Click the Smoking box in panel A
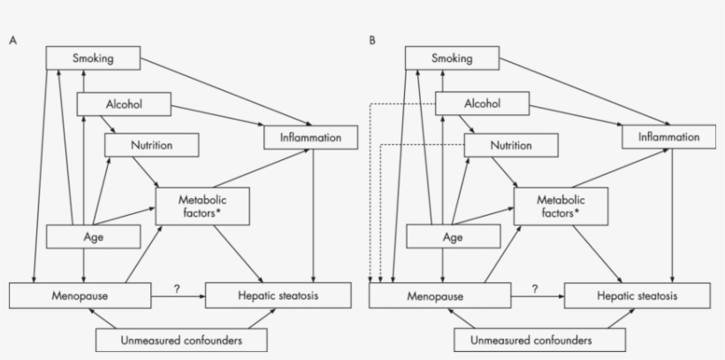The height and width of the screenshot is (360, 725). [x=93, y=59]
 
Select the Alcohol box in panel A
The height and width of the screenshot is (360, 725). [x=124, y=104]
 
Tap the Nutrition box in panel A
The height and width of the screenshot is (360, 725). [x=151, y=145]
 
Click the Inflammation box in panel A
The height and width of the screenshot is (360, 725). [x=309, y=137]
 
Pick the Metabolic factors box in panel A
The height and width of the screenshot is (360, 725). [x=202, y=206]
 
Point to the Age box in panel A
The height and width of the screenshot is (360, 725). [x=93, y=237]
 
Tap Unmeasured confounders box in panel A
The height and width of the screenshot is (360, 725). [x=180, y=340]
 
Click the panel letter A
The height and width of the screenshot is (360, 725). [x=12, y=41]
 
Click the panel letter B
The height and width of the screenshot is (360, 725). [x=372, y=41]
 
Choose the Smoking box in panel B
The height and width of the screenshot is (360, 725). [x=452, y=59]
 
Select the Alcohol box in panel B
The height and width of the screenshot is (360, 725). [x=483, y=104]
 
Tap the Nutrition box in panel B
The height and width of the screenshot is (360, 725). [x=511, y=145]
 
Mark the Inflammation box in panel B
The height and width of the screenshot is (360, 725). [x=668, y=137]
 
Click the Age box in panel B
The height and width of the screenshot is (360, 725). [x=453, y=237]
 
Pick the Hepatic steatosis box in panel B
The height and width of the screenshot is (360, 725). [x=637, y=295]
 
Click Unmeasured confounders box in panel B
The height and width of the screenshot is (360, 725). [x=539, y=340]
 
